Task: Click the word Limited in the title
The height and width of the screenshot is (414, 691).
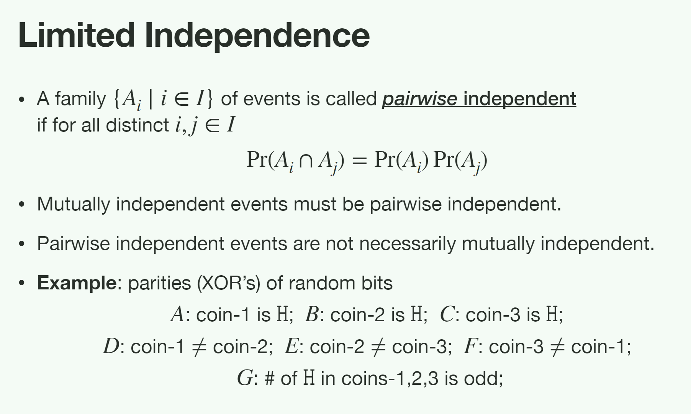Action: [x=77, y=35]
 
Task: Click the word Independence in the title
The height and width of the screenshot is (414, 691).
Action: [x=257, y=35]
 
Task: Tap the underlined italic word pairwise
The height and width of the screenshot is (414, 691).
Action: [x=419, y=99]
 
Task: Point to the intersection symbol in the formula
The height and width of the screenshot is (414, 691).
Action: [x=306, y=161]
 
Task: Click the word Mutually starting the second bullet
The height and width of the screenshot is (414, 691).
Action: [x=74, y=204]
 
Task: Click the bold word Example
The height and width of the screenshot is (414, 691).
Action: [x=77, y=283]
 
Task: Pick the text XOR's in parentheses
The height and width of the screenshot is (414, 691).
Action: [x=229, y=283]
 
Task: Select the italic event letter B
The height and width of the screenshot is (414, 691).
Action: [x=312, y=315]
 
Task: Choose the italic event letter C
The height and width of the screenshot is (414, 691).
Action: [x=447, y=315]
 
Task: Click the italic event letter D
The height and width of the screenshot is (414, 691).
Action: [x=111, y=347]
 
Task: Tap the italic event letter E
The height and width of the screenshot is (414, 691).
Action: [x=291, y=347]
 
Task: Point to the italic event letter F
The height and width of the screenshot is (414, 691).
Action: [x=470, y=347]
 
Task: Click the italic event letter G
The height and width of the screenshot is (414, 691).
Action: [x=245, y=378]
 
